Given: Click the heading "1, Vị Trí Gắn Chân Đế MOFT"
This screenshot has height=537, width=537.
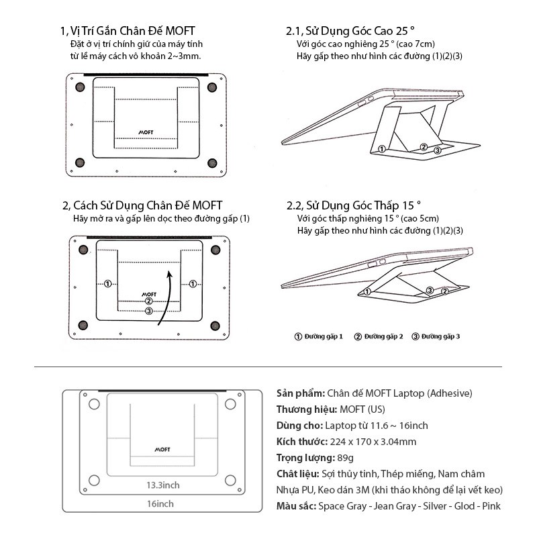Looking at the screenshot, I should click(x=128, y=31).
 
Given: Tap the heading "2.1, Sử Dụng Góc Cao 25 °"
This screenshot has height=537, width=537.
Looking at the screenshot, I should click(x=350, y=31).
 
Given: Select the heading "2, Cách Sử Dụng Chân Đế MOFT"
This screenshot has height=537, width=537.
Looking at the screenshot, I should click(x=142, y=205).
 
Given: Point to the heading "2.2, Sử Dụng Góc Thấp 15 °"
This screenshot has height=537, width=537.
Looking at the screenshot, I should click(x=353, y=205).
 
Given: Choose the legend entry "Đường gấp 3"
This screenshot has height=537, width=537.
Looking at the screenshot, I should click(x=436, y=336).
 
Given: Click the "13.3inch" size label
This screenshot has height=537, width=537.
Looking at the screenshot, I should click(x=164, y=485).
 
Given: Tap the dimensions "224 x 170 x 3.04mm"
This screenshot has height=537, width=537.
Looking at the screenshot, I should click(x=373, y=442).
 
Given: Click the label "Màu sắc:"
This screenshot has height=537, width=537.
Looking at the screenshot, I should click(x=296, y=506).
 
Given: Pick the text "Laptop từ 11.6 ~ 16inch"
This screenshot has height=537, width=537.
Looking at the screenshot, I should click(x=376, y=426).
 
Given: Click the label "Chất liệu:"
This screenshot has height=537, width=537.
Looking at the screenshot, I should click(x=297, y=474).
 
